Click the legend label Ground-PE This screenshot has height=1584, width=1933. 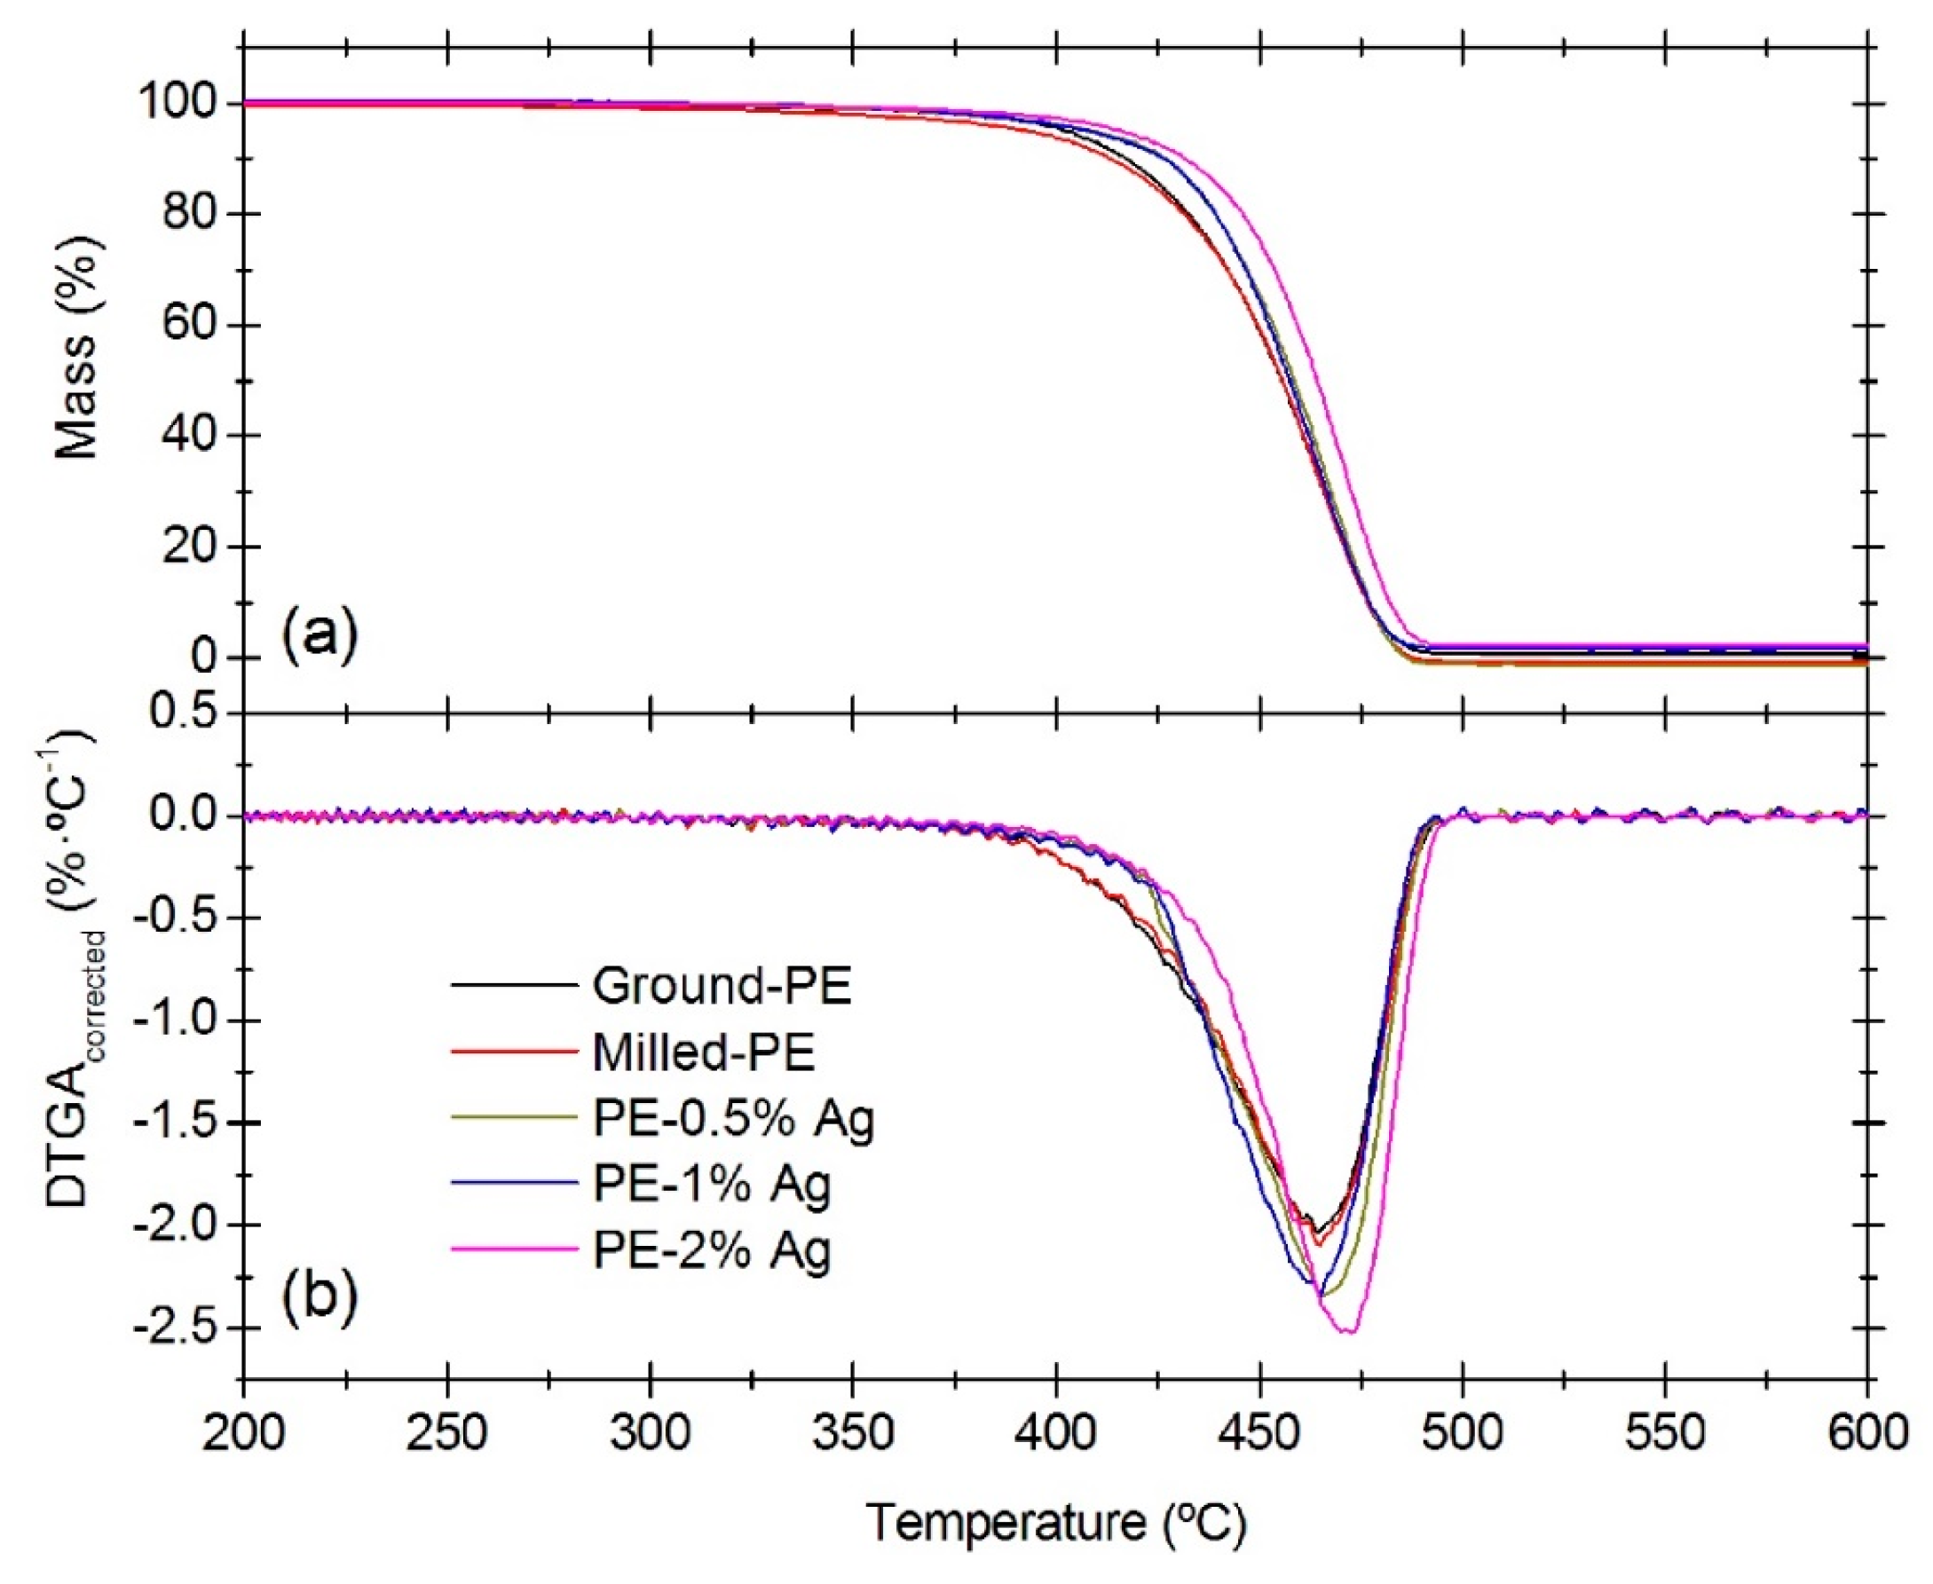tap(721, 987)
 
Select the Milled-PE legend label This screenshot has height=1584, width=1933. tap(703, 1053)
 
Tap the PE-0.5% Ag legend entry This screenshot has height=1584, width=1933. tap(733, 1120)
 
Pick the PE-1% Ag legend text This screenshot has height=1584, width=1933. tap(712, 1186)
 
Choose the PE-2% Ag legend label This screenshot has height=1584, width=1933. tap(712, 1251)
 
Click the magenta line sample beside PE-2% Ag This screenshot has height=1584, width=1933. tap(514, 1249)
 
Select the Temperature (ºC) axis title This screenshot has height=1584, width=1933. tap(1055, 1522)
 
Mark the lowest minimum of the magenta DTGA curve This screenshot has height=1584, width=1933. tap(1347, 1333)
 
